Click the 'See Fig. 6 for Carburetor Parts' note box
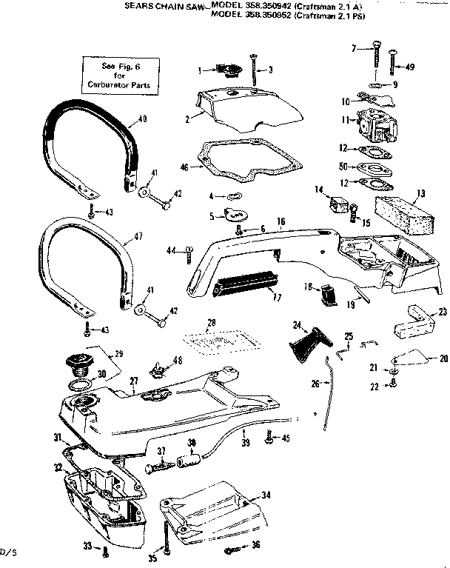119,76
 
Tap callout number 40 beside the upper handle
142,118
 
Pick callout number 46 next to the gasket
185,167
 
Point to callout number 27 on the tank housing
134,382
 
